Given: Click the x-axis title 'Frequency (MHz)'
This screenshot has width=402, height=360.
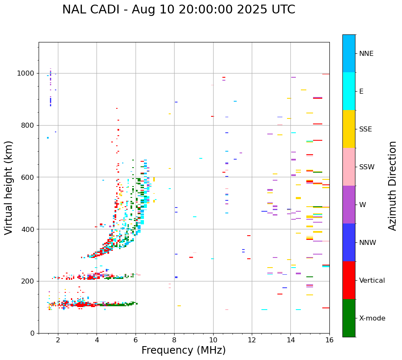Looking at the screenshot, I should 183,350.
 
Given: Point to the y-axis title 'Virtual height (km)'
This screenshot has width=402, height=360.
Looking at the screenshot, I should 9,187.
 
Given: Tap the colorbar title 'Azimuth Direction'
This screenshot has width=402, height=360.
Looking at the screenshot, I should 392,186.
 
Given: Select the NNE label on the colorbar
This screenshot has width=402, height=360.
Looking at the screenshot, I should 366,54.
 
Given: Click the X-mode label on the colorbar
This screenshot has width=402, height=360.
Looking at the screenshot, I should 372,318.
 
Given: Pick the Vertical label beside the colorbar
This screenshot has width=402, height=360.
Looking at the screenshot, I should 372,281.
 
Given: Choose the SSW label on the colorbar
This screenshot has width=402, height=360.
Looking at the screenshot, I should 366,167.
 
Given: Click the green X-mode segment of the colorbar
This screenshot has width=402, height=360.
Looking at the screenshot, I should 349,318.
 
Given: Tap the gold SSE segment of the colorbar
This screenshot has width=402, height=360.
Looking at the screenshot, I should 349,129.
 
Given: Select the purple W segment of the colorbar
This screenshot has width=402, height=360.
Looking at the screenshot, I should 349,205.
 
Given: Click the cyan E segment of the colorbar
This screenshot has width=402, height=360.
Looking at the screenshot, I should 349,91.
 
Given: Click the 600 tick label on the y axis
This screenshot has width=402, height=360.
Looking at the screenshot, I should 29,177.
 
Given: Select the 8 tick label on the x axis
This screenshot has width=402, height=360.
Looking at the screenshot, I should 174,340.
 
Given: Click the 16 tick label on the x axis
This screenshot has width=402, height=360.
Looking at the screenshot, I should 329,340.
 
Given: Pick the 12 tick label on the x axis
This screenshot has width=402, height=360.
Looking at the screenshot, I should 252,340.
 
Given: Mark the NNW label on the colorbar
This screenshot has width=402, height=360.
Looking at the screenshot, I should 368,243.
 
